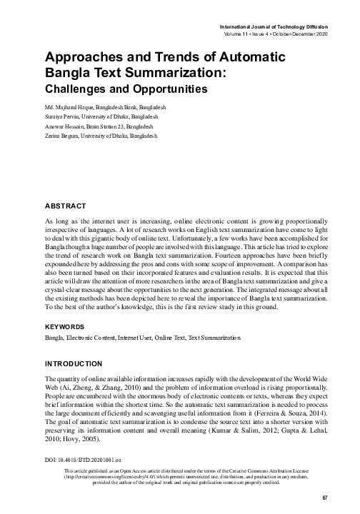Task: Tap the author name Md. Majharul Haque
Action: tap(70, 106)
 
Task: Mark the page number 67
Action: tap(324, 498)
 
